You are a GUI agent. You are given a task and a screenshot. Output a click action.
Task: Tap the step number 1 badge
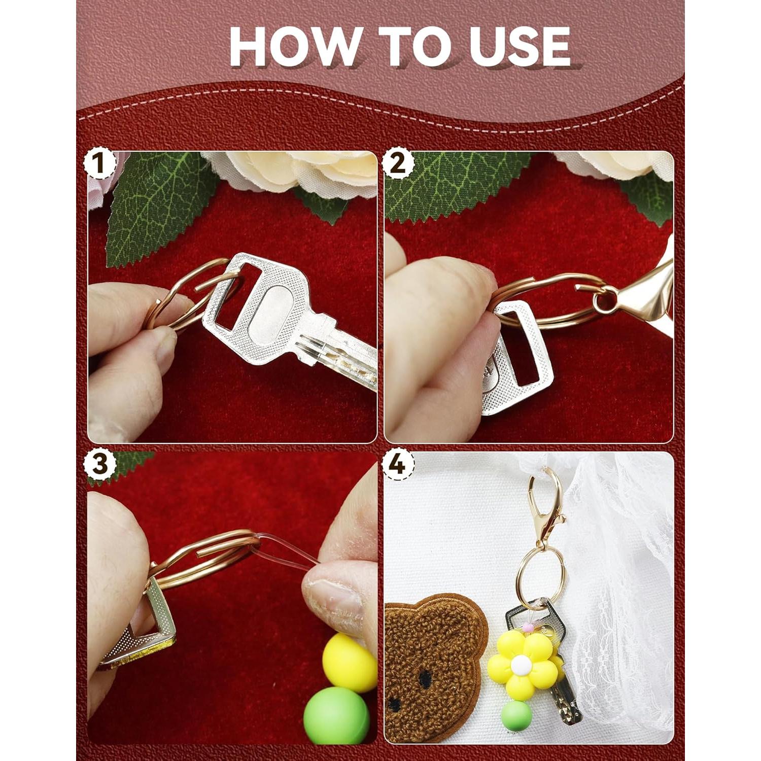pyautogui.click(x=99, y=164)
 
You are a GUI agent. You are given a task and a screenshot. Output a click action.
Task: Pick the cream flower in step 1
pyautogui.click(x=299, y=172)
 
